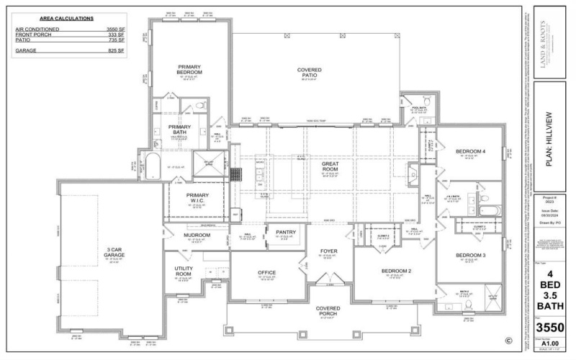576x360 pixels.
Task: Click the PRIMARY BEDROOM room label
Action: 189,69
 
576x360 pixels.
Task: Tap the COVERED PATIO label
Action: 310,73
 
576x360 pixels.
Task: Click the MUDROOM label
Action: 176,235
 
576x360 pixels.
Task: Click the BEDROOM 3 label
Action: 471,256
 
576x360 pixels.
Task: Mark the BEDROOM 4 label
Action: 471,151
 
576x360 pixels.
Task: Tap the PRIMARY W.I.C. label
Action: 197,198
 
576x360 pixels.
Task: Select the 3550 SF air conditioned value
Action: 115,30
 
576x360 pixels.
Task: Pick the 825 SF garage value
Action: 117,51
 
